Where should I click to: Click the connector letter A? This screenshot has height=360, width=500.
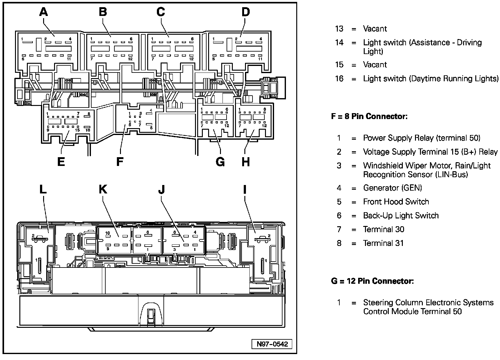44,12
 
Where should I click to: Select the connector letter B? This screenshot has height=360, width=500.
103,12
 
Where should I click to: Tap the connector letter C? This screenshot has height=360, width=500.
161,12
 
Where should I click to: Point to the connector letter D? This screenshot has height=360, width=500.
246,12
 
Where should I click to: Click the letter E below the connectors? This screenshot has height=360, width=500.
61,162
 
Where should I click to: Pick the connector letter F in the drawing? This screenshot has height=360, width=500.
119,162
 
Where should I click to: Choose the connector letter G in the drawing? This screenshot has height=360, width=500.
220,162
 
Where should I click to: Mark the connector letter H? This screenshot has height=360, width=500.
246,162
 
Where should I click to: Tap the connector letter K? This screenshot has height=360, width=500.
103,189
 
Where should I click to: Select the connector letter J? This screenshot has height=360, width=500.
161,189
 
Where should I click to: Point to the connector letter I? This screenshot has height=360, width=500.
245,189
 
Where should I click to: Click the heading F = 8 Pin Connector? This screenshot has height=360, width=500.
369,117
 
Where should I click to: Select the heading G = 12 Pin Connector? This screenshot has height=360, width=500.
372,281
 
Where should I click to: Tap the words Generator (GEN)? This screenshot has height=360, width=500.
392,188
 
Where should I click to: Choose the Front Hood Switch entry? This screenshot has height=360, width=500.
396,202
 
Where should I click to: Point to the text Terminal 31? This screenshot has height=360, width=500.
383,243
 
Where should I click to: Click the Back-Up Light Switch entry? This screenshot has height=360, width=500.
401,216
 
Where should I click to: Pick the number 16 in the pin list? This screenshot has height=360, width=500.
339,78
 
